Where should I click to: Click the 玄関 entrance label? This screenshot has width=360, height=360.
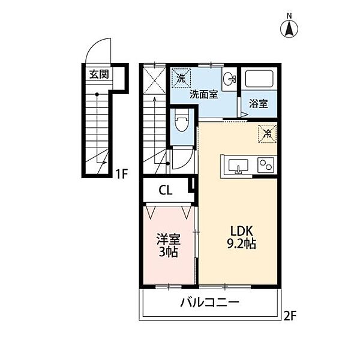pos(99,74)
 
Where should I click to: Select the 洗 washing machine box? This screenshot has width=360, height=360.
pos(181,78)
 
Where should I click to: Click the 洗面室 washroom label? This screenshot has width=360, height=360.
pos(203,94)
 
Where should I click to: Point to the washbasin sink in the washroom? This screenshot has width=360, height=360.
pos(230,79)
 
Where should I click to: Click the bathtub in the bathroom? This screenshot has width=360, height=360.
pos(259,79)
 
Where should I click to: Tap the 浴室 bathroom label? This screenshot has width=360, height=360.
pos(259,104)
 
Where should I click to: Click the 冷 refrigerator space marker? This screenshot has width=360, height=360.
pos(268,134)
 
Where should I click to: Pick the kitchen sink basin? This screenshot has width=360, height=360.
pos(238,166)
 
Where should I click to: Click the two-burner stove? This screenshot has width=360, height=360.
pos(266,165)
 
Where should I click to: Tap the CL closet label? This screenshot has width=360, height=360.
pos(166,190)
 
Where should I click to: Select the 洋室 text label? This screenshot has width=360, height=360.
pos(169,239)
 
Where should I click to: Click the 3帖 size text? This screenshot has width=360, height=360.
pos(169,252)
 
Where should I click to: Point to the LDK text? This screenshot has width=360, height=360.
pos(242,231)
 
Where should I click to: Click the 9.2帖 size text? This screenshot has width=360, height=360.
pos(242,244)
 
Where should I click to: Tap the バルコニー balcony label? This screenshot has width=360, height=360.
pos(209,303)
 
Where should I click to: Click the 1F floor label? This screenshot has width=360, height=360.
pos(121,174)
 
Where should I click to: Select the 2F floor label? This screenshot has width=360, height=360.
pos(290,316)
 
